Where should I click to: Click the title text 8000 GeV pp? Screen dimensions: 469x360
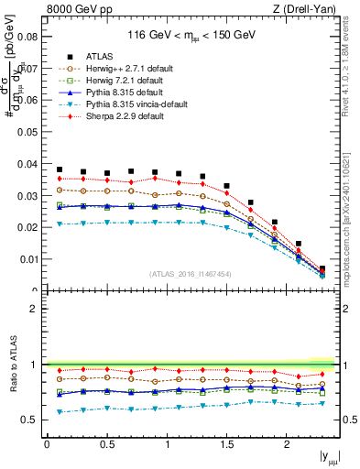[74, 8]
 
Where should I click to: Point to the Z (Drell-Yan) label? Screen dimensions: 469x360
[309, 8]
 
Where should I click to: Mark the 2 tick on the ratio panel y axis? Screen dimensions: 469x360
[38, 309]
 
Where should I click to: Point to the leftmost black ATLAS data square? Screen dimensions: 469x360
[60, 169]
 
